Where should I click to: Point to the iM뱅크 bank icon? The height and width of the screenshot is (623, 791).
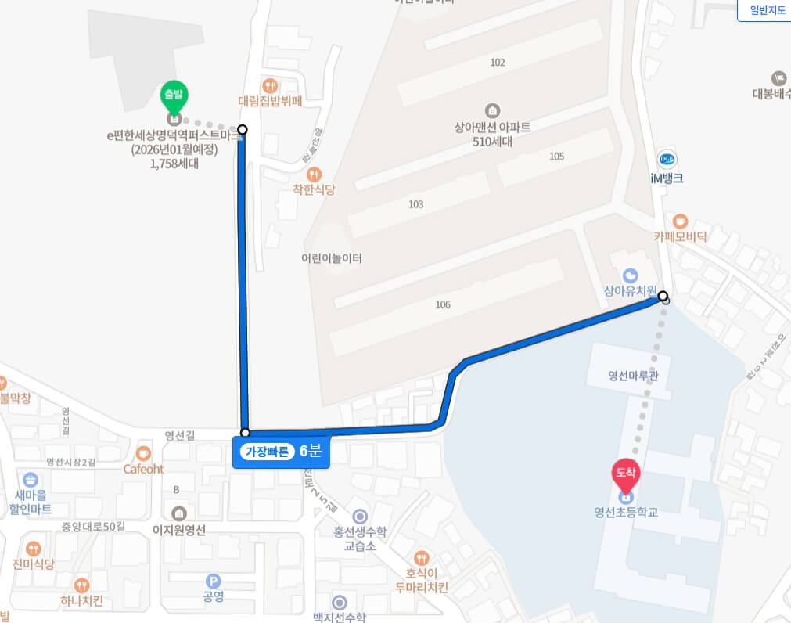(667, 159)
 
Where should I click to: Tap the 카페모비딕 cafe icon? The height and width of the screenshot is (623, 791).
(680, 221)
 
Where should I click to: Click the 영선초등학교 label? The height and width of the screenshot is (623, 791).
(626, 513)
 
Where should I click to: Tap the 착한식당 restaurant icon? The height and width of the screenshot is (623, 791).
(314, 174)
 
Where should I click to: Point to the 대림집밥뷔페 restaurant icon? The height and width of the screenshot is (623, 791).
(270, 85)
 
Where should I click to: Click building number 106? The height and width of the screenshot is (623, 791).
(443, 304)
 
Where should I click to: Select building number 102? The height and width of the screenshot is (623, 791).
(497, 63)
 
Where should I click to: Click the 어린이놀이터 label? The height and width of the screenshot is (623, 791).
(332, 258)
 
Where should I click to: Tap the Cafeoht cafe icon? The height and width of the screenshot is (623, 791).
(143, 453)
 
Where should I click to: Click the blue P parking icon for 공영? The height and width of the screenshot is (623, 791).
(213, 582)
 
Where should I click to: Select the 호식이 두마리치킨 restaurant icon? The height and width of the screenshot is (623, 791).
(422, 557)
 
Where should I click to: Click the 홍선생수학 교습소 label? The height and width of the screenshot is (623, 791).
(361, 538)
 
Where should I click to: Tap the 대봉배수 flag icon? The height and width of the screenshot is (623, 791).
(778, 78)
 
